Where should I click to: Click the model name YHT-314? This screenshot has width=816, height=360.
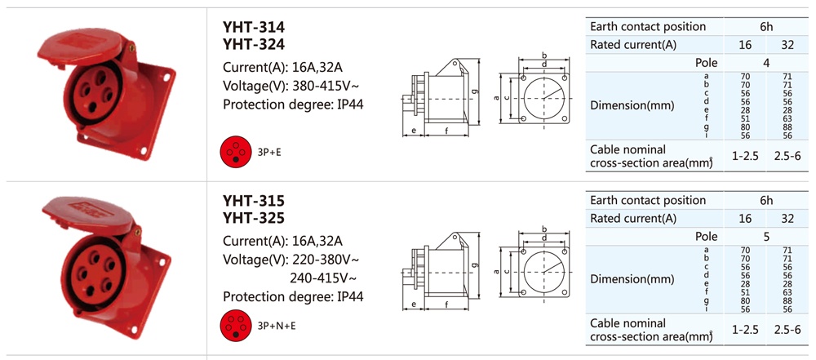[x=254, y=27]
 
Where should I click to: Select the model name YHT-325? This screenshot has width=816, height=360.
[x=254, y=218]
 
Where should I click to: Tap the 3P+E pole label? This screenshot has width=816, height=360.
[x=269, y=152]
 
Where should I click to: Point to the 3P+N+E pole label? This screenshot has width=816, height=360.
[x=277, y=326]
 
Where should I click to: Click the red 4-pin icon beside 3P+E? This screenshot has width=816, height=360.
[x=236, y=152]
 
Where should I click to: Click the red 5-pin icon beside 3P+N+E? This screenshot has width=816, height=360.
[x=236, y=325]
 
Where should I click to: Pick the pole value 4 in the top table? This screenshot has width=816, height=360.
[x=766, y=63]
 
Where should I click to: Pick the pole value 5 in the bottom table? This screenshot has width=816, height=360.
[x=766, y=237]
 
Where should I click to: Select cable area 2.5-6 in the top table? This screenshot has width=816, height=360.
[x=787, y=156]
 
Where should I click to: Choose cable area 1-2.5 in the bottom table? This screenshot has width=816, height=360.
[x=745, y=329]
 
